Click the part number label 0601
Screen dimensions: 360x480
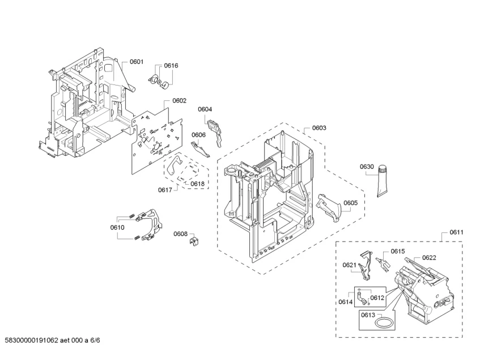[x=137, y=62]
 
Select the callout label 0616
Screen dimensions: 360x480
[x=171, y=66]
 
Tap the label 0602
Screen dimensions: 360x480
[x=179, y=101]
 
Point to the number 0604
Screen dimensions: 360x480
[x=205, y=109]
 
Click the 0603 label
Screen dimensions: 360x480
[x=319, y=128]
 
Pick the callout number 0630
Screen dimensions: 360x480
[x=367, y=167]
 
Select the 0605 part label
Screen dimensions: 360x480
[x=350, y=202]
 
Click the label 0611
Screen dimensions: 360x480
[x=457, y=232]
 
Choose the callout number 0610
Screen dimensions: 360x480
[x=117, y=227]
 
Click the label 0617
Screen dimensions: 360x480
[x=165, y=190]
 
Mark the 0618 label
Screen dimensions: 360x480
[x=197, y=184]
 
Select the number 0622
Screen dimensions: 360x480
[x=429, y=257]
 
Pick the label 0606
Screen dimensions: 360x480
[x=198, y=135]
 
